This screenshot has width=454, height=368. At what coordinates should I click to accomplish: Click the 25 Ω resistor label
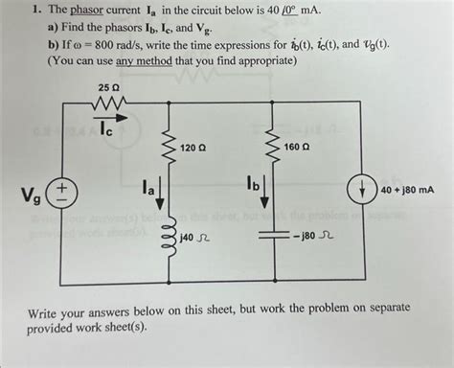pyautogui.click(x=108, y=88)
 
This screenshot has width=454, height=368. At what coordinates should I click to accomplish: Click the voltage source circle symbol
pyautogui.click(x=60, y=195)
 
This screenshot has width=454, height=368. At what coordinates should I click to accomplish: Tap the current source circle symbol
pyautogui.click(x=366, y=190)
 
